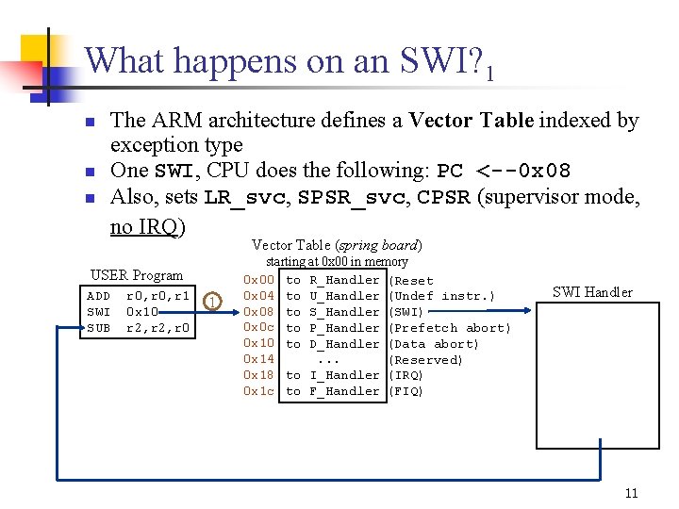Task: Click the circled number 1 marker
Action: point(214,302)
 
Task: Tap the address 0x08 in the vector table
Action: point(258,312)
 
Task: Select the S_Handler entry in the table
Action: point(344,312)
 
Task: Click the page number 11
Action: point(631,493)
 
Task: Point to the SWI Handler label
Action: point(592,292)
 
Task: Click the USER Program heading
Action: point(137,275)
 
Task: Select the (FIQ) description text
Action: point(406,391)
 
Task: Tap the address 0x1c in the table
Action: point(258,391)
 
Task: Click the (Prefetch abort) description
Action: point(449,328)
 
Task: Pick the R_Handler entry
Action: point(344,280)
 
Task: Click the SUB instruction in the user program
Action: point(98,328)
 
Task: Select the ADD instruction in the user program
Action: point(98,296)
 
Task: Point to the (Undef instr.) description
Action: point(441,296)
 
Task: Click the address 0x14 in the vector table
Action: point(258,359)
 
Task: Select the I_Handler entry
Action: point(344,375)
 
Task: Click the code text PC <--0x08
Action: point(505,172)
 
